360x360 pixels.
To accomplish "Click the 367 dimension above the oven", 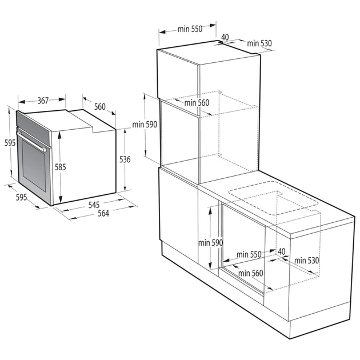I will coord(43,101).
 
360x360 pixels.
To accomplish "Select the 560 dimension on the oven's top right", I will coord(100,106).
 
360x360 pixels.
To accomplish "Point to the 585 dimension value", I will coord(61,167).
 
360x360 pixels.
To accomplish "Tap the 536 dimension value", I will coord(125,159).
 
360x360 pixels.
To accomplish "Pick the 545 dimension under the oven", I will coord(94,205).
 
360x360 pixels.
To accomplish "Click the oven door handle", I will coord(31,140).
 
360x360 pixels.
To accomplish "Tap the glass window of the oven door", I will coord(34,169).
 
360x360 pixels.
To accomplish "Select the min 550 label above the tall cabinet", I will coord(189,29).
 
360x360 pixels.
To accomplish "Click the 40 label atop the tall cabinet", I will coord(225,37).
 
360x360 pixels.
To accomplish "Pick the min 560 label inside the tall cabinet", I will coord(197,103).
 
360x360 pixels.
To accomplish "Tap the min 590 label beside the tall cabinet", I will coord(145,124).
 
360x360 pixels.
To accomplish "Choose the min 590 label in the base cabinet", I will coord(210,242).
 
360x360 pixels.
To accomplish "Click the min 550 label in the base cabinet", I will coord(249,254).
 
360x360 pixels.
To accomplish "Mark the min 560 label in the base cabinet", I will coord(251,273).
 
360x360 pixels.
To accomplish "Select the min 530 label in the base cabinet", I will coord(307,261).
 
